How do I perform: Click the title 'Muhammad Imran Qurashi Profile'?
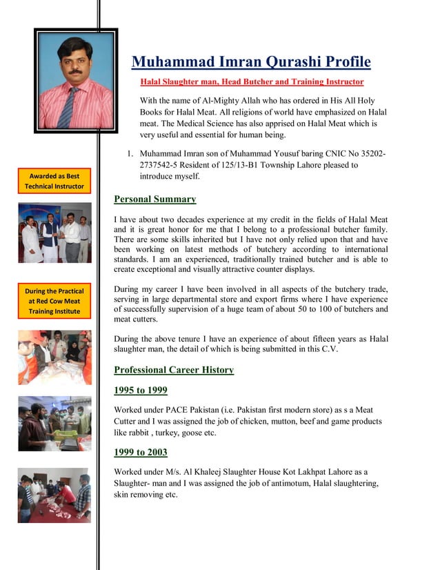coord(251,62)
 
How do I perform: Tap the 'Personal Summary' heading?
coord(154,199)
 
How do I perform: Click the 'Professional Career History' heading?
coord(174,370)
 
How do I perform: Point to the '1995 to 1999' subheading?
coord(140,391)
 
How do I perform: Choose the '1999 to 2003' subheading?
coord(140,453)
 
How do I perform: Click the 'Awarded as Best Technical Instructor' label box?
coord(54,181)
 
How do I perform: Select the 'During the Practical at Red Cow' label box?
coord(54,302)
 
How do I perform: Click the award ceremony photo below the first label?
coord(54,233)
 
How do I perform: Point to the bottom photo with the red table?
coord(54,495)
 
